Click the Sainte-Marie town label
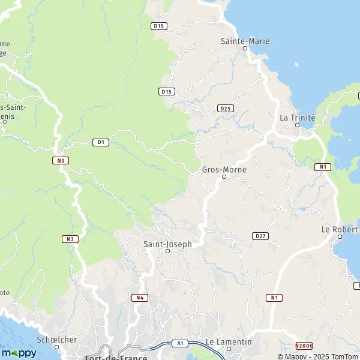point(245,41)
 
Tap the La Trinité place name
point(297,118)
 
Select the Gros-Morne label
point(224,169)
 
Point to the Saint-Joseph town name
point(167,244)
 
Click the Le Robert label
point(340,229)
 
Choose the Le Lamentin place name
point(229,342)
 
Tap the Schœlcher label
point(55,339)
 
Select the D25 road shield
point(226,108)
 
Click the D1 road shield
point(100,142)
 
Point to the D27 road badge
point(260,236)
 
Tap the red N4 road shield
point(139,298)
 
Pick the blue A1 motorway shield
point(179,343)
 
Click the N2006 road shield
point(304,346)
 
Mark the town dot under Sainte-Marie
point(245,49)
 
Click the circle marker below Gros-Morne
point(224,177)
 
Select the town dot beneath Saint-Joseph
point(167,251)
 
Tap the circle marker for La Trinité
point(297,125)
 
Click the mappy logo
point(18,353)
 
